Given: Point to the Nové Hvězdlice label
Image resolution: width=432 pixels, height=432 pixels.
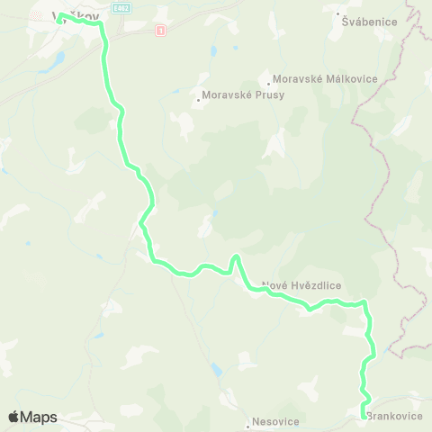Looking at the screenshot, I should [302, 286].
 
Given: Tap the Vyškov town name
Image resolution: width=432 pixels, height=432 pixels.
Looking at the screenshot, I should [76, 15].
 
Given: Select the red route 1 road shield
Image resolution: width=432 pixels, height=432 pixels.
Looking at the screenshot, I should [160, 31].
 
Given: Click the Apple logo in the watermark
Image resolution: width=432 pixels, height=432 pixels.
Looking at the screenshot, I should [14, 417].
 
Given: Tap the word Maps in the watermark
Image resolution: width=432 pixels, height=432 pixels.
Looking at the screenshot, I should [40, 417].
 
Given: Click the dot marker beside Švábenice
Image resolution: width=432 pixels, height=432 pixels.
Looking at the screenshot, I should [337, 15].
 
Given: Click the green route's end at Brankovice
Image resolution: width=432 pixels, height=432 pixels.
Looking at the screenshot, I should [364, 415].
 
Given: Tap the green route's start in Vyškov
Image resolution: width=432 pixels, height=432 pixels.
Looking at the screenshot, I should [59, 17].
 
